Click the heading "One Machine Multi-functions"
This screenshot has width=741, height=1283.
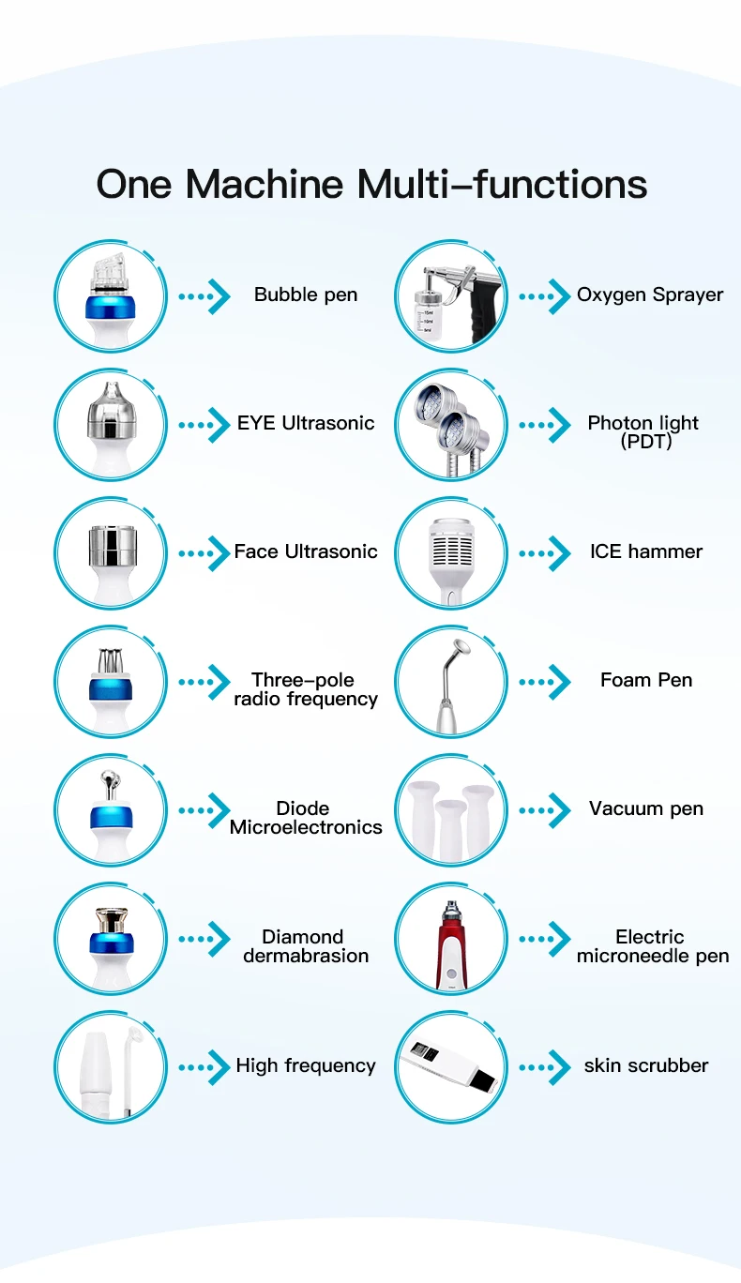(x=371, y=184)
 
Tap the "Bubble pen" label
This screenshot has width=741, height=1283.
(x=306, y=294)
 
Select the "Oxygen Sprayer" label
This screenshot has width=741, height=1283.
(x=650, y=294)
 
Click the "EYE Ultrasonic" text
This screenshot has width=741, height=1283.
(x=306, y=423)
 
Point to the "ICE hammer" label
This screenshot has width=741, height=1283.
(x=646, y=551)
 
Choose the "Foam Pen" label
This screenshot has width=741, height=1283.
(x=646, y=680)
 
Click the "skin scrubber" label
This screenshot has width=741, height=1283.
(x=646, y=1065)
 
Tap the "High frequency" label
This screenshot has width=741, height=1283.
(x=306, y=1065)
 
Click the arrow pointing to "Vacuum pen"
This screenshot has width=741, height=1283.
(x=545, y=809)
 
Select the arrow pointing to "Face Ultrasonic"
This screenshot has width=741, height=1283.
(x=204, y=552)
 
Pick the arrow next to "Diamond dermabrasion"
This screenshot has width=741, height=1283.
(x=204, y=938)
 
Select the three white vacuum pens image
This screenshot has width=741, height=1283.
(x=451, y=809)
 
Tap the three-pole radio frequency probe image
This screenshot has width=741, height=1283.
(x=111, y=680)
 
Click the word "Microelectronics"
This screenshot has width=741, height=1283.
(x=306, y=827)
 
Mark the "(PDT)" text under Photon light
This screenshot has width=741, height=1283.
(x=646, y=442)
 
